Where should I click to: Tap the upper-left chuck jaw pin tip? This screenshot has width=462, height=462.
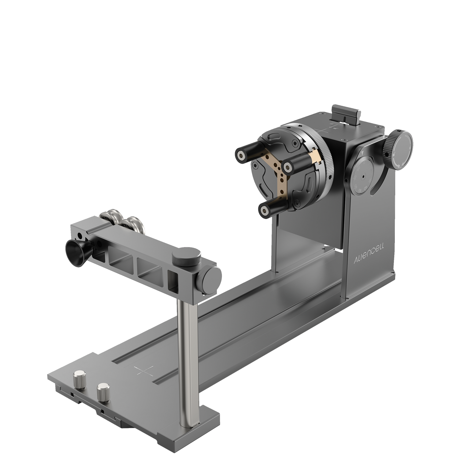[240, 154]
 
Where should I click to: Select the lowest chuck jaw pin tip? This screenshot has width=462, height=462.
[264, 210]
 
